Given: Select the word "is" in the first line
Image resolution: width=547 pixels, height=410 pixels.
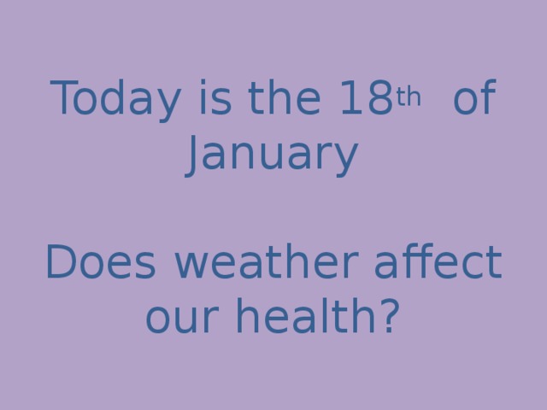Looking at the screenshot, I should pos(214,102).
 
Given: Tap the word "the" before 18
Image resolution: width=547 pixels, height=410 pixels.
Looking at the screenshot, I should pos(274,102).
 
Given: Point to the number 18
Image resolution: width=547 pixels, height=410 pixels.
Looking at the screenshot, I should pos(359,102).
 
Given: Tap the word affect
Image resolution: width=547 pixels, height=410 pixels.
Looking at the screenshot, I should pos(437,264).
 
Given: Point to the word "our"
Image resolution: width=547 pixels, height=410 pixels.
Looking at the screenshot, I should pos(179,317).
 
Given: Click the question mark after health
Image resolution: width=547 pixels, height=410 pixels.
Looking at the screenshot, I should pos(389,317).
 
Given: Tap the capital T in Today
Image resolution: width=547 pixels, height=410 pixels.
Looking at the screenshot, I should pos(67,102).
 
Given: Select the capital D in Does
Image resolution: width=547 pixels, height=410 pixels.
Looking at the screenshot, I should pos(62,264).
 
